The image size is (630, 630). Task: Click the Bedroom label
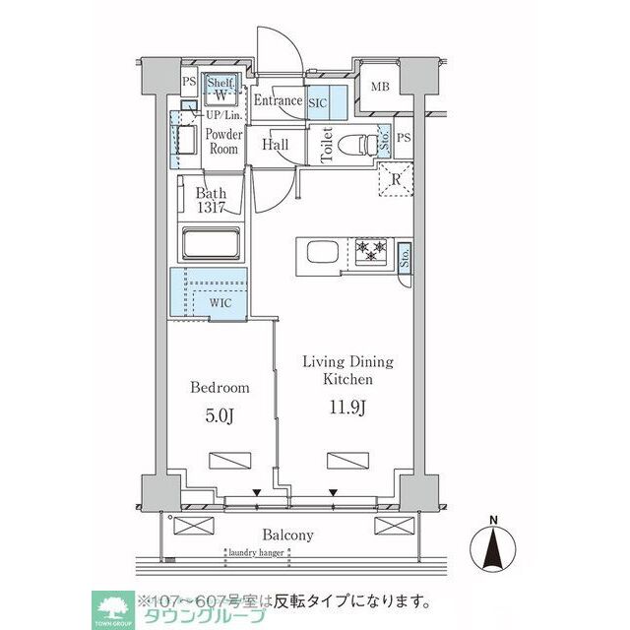pos(219,388)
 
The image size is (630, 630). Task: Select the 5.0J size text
pos(219,416)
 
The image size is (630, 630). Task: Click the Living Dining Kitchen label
pos(347,370)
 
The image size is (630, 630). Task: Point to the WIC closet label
pos(220,303)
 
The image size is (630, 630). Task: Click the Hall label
pos(276,145)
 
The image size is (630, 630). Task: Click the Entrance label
pos(279,100)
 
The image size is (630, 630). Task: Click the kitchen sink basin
pos(322,252)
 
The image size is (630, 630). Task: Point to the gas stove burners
pos(371,251)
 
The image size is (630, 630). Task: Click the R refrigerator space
pos(393,178)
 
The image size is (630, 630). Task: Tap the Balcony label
pos(287,535)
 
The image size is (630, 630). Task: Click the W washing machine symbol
pos(220,95)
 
